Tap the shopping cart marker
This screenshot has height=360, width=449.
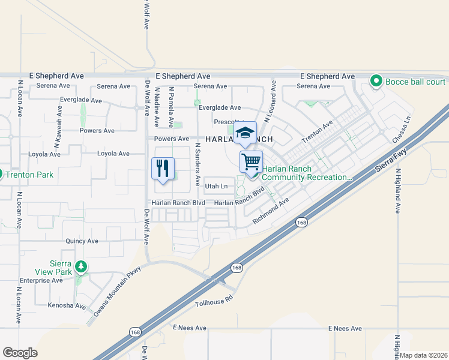(x=251, y=161)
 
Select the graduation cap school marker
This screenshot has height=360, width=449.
(x=245, y=132)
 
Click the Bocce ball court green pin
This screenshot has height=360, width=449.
(x=376, y=80)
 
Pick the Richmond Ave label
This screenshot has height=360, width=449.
(x=271, y=213)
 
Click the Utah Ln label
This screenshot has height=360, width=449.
(x=217, y=187)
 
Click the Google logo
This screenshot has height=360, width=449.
(x=20, y=353)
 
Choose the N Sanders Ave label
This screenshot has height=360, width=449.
(x=197, y=157)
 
